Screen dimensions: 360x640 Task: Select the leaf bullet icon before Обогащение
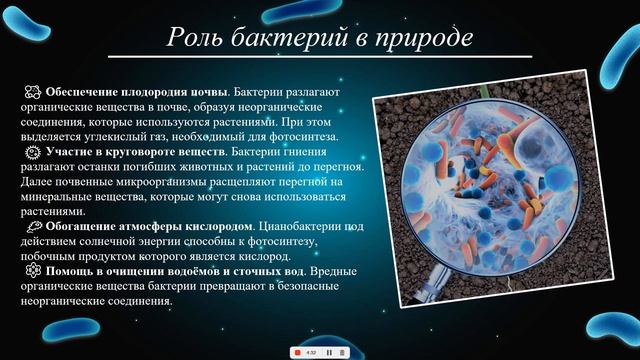click(32, 227)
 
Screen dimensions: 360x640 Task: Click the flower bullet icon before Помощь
click(32, 271)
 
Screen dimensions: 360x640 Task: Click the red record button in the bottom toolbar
click(297, 352)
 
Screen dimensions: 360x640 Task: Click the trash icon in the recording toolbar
click(342, 352)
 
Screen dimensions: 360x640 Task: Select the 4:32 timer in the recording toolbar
click(311, 352)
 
